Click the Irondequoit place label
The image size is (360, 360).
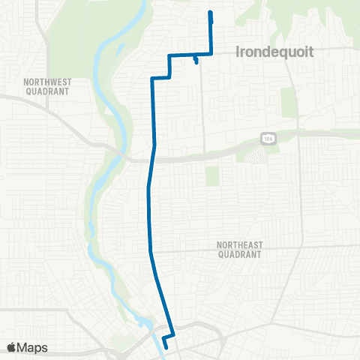point(273,52)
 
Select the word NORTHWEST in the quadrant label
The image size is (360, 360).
point(46,82)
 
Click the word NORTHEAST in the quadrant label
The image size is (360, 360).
point(238,245)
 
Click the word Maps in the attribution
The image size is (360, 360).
point(33,347)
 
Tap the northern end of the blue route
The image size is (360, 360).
point(210,12)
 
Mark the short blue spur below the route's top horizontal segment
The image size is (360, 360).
point(195,60)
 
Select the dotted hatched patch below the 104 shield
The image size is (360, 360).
point(256,156)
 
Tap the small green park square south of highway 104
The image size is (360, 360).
point(212,176)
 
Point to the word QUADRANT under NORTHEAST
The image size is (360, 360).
point(238,254)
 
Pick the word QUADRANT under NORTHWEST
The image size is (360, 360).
point(46,91)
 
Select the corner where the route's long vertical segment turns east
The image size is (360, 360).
point(152,78)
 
